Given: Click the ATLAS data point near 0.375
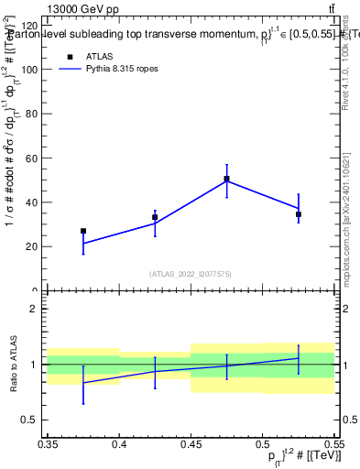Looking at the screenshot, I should click(83, 232).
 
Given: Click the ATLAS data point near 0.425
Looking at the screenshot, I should click(155, 217).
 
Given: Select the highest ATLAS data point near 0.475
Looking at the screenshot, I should click(226, 179).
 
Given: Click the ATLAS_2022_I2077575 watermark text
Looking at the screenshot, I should click(191, 274).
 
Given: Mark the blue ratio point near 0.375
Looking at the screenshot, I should click(83, 383).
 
